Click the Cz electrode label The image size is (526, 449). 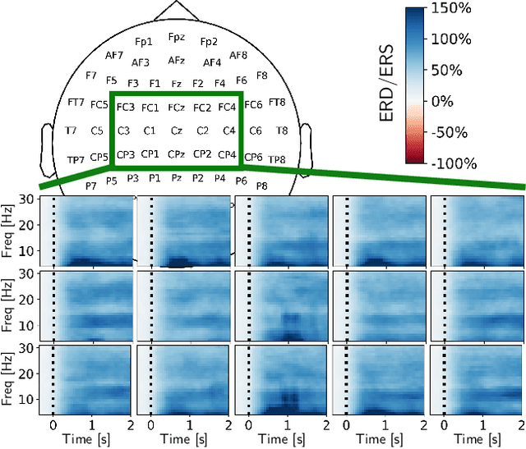(176, 131)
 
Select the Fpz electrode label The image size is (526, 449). (177, 37)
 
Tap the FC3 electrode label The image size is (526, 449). (126, 108)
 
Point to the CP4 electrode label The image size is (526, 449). (228, 153)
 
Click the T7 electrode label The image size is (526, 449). (72, 131)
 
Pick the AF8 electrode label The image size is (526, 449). (238, 55)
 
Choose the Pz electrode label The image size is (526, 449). (177, 176)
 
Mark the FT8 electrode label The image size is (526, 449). (277, 103)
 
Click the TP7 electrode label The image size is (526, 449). (76, 159)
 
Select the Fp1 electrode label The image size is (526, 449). (144, 41)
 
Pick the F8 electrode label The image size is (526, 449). (261, 75)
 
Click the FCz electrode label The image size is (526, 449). (176, 108)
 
